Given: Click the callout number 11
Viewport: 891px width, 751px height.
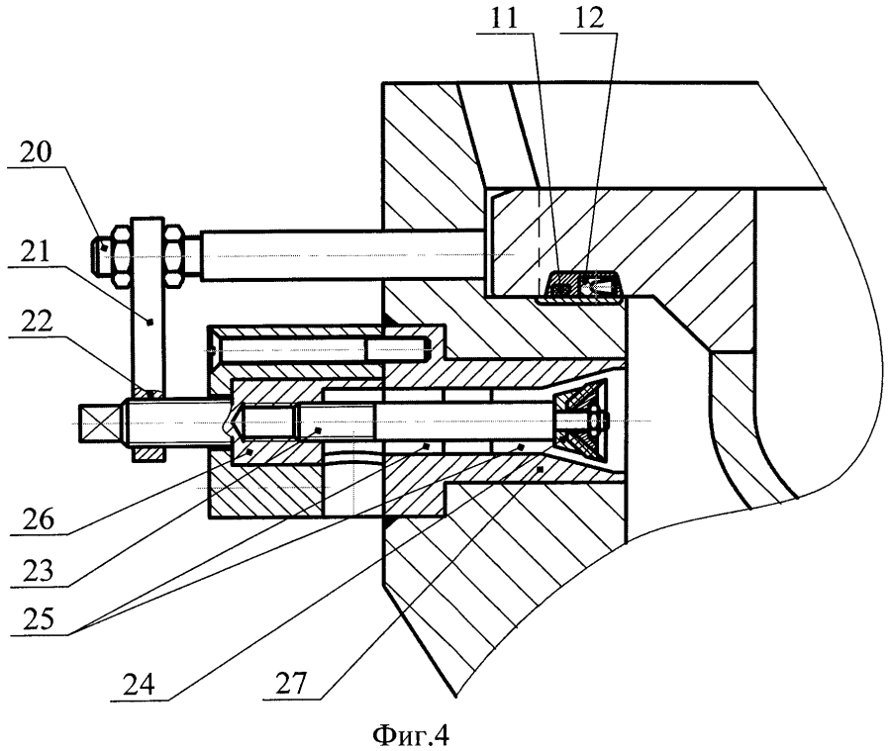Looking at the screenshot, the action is (x=505, y=19).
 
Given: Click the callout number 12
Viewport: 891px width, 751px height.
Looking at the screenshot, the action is (x=589, y=19).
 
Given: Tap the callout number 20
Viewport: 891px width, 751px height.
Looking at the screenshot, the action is (x=36, y=152).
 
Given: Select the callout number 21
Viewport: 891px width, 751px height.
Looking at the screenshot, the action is (x=36, y=250).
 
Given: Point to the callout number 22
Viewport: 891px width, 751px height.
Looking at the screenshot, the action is (x=37, y=322).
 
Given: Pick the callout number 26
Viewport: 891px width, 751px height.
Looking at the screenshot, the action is (x=39, y=519).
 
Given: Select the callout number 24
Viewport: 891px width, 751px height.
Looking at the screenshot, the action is (x=139, y=685).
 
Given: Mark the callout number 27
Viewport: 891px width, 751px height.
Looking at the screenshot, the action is (x=291, y=683).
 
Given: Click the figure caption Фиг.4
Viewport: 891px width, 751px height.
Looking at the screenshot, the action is (x=411, y=737).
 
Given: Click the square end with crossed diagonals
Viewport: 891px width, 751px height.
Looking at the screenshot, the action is (x=100, y=422).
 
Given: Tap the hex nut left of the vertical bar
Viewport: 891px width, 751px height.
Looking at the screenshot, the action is (x=122, y=254).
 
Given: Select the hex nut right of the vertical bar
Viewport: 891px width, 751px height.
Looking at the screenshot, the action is (x=174, y=254).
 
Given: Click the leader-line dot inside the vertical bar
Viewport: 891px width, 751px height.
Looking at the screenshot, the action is (x=149, y=323).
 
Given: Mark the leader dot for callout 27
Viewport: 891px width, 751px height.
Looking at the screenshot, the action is (x=540, y=469).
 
